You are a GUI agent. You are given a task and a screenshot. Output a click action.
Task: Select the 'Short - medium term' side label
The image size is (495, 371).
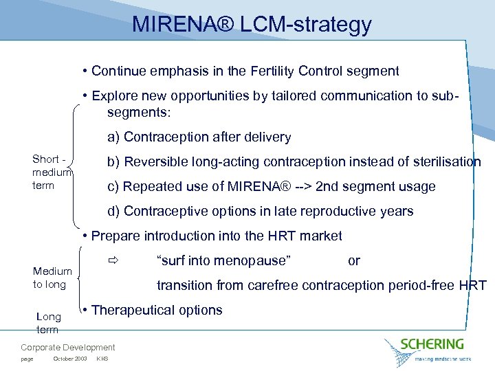(52, 172)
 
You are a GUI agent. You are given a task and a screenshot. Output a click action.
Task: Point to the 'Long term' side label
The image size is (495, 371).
(49, 322)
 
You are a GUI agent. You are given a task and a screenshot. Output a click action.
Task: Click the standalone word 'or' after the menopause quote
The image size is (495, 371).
(354, 260)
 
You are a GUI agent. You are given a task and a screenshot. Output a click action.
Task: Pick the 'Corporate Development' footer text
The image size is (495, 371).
(68, 348)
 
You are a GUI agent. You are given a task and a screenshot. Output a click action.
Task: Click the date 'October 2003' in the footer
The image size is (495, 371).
(69, 359)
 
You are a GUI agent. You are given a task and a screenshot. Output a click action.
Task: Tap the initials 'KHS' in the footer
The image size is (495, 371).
(102, 359)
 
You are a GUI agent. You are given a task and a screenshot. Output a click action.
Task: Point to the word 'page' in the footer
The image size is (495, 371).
(27, 359)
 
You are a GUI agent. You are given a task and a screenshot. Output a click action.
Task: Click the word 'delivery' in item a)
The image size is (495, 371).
(267, 137)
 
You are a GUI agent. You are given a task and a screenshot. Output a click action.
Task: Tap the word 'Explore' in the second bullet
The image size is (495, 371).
(115, 95)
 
